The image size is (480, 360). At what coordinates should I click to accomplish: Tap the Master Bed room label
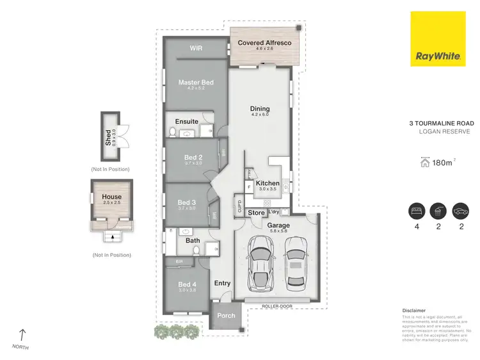(x=195, y=83)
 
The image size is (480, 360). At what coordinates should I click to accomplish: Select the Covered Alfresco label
(x=264, y=43)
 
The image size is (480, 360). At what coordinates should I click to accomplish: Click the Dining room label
(x=259, y=109)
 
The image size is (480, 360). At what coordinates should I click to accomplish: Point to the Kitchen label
(x=268, y=183)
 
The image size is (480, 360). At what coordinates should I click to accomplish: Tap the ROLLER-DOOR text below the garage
(x=277, y=307)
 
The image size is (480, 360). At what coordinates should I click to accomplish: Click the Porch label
(x=226, y=315)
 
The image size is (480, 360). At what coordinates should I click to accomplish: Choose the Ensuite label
(x=186, y=121)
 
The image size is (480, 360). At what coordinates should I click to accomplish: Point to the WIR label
(x=196, y=47)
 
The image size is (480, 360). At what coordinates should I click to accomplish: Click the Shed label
(x=108, y=138)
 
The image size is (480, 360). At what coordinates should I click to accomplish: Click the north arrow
(x=23, y=334)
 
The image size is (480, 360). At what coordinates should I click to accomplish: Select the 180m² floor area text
(x=442, y=163)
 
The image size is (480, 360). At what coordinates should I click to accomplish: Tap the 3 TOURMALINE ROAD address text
(x=442, y=122)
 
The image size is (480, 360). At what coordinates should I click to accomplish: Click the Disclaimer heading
(x=413, y=310)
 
